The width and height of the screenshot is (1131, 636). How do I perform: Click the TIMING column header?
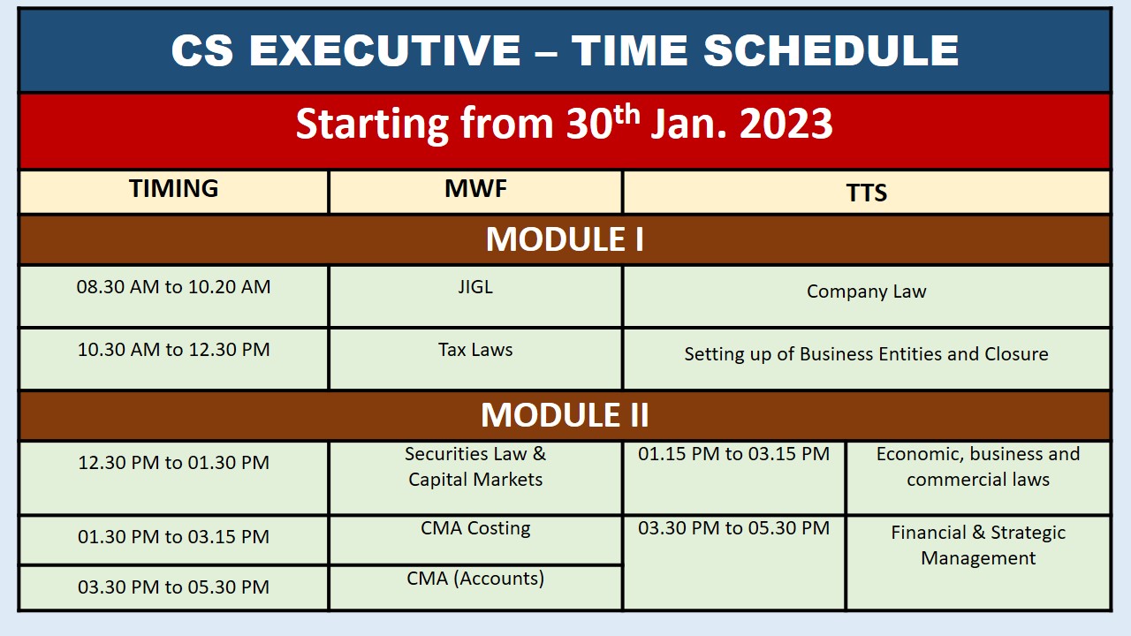point(174,188)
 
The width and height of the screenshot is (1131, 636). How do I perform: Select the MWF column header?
point(475,188)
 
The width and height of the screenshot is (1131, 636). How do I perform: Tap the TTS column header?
point(867,193)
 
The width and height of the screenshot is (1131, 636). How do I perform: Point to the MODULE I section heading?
point(565,239)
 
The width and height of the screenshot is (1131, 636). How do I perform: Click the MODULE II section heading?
point(565,415)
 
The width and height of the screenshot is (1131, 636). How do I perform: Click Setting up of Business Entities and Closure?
point(867,354)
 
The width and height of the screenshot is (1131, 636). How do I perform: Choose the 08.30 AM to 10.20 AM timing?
point(174,287)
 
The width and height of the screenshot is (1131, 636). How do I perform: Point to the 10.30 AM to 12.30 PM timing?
point(174,349)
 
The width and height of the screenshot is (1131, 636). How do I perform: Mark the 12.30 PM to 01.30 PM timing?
point(174,462)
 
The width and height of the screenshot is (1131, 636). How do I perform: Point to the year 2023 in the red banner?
point(786,124)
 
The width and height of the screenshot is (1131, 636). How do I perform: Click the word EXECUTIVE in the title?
point(384,50)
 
